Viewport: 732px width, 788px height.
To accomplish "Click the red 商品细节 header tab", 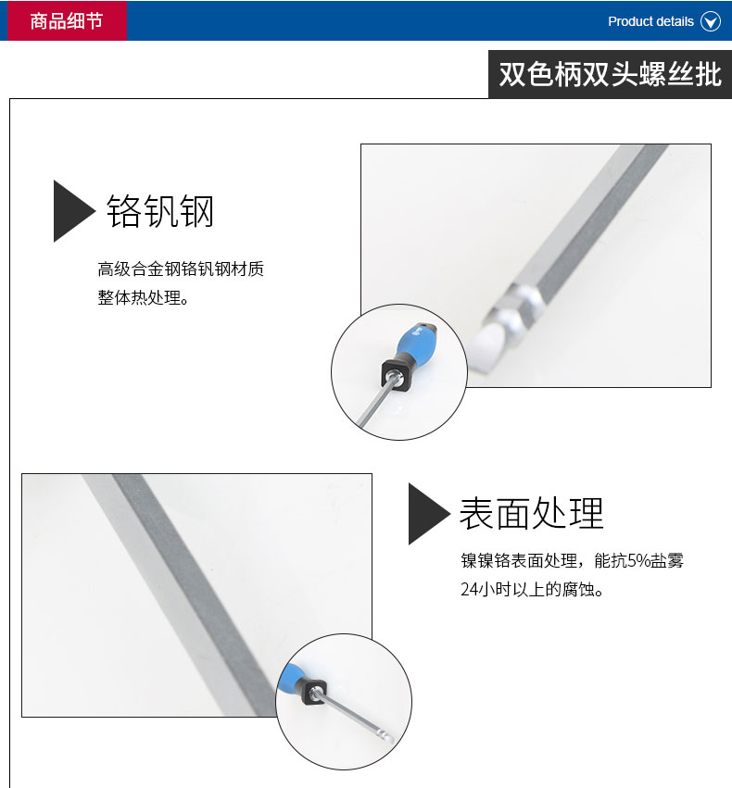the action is (67, 20).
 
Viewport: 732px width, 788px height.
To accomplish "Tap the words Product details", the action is (650, 21).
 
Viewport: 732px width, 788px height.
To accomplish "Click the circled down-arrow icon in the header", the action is (711, 21).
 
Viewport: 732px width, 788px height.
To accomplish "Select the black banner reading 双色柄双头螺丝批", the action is (610, 74).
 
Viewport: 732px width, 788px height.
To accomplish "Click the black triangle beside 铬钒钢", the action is (73, 211).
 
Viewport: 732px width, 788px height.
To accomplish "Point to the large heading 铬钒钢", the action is (160, 211).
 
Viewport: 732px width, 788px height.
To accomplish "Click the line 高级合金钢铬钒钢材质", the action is (181, 269).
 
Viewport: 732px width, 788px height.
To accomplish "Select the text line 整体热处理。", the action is (144, 297).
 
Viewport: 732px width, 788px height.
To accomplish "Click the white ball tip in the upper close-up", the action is (485, 345).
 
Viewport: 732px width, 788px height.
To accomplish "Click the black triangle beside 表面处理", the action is (428, 514).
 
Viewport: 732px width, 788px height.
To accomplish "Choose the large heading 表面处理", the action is (532, 514).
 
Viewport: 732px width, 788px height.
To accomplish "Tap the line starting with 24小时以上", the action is (532, 589).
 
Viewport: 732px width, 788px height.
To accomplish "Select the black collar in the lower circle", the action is (312, 690).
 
